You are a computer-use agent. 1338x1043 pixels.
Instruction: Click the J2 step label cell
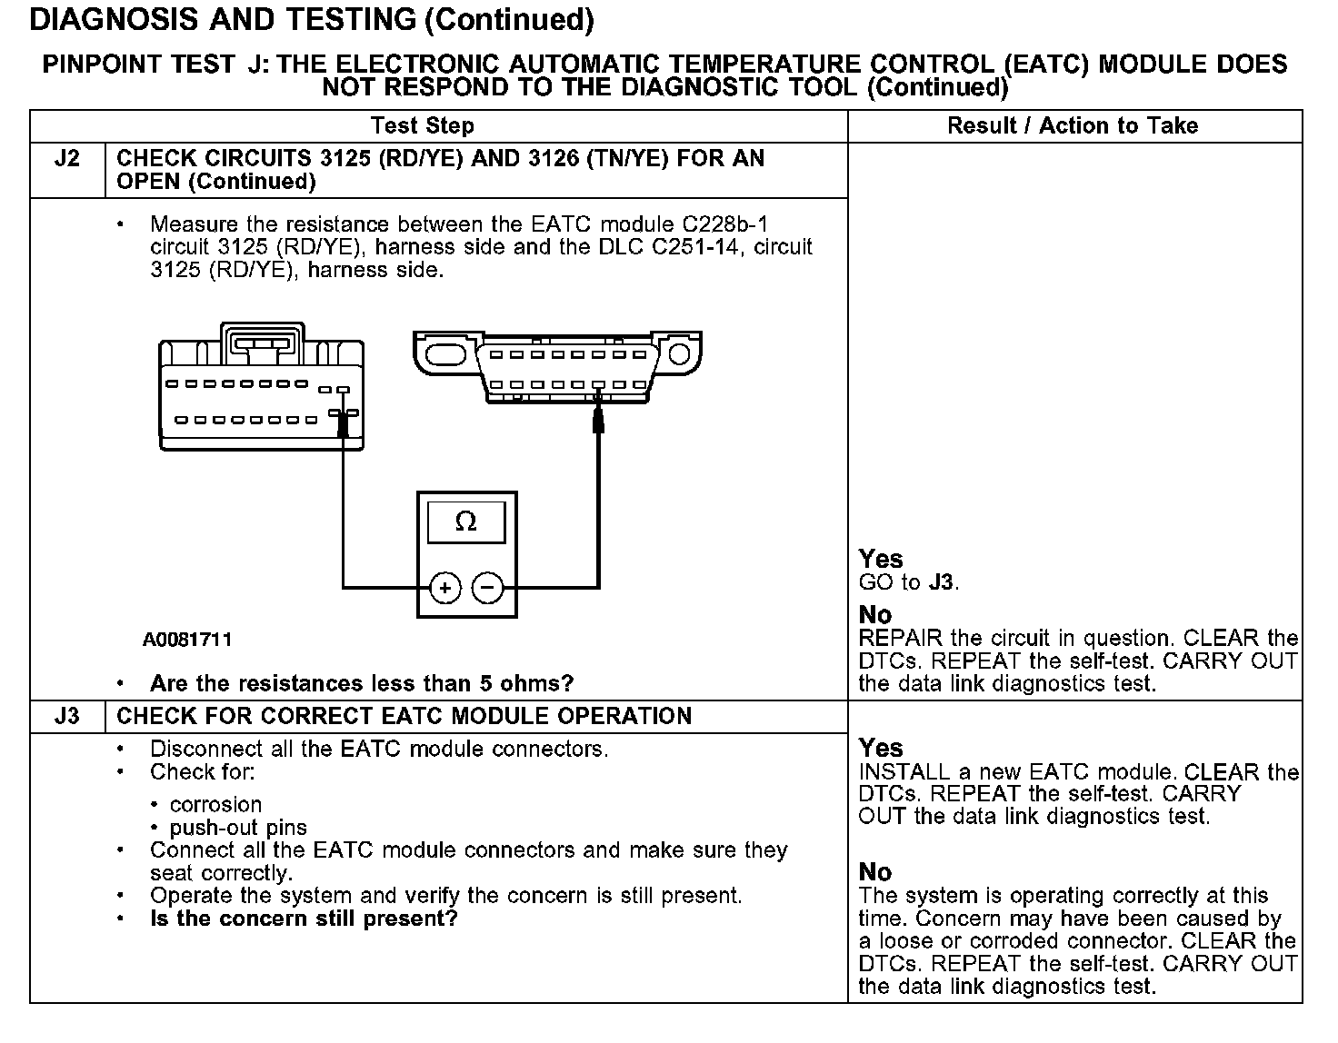coord(67,159)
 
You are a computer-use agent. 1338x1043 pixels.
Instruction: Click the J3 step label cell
coord(67,716)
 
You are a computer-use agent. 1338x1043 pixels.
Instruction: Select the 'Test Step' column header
coord(422,125)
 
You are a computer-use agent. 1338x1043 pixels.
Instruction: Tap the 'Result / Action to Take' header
coord(1073,125)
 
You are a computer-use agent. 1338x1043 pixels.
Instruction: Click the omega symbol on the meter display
coord(465,521)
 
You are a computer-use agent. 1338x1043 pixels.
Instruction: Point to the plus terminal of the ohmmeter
coord(444,588)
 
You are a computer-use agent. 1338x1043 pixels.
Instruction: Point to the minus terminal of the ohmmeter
coord(488,588)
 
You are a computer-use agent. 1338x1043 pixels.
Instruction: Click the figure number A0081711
coord(187,640)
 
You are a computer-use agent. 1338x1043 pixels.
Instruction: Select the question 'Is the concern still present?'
coord(304,919)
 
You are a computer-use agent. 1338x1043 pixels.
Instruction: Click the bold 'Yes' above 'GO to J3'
coord(881,559)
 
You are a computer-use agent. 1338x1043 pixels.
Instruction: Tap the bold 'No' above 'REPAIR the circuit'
coord(875,615)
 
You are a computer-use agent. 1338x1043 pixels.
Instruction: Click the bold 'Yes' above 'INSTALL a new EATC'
coord(881,748)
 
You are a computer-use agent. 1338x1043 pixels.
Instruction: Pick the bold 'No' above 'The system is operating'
coord(875,872)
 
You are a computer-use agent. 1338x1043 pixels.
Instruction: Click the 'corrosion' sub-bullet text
coord(215,805)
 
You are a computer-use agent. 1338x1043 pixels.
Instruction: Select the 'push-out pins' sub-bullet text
coord(238,828)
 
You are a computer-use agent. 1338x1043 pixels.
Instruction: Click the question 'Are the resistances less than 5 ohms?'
coord(362,683)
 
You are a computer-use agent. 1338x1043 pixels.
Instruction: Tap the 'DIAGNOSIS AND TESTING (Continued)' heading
coord(312,20)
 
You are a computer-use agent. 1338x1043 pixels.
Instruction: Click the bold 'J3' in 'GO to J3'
coord(943,582)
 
